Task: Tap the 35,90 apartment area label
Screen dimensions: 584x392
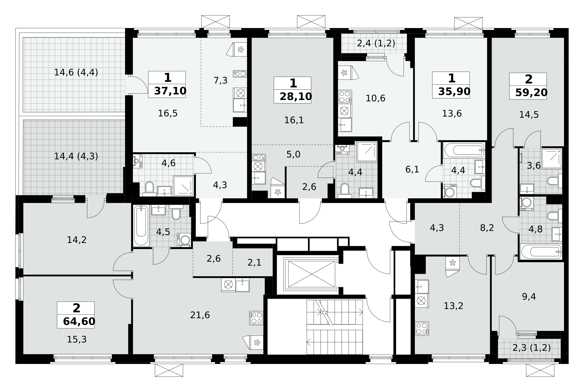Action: (454, 91)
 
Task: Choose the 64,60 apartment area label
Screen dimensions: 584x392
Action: (79, 321)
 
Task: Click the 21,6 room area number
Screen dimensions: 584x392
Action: (200, 315)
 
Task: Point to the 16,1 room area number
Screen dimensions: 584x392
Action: (294, 120)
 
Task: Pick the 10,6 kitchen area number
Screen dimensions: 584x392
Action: (375, 98)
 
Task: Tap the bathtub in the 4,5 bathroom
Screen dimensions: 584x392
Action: (141, 225)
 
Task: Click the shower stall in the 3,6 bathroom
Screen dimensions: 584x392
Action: (551, 159)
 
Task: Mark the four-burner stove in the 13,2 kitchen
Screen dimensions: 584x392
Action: (422, 328)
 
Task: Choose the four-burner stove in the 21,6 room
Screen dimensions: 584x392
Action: (256, 318)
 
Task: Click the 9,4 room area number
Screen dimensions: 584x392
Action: (529, 297)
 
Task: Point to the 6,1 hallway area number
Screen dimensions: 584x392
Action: (412, 169)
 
